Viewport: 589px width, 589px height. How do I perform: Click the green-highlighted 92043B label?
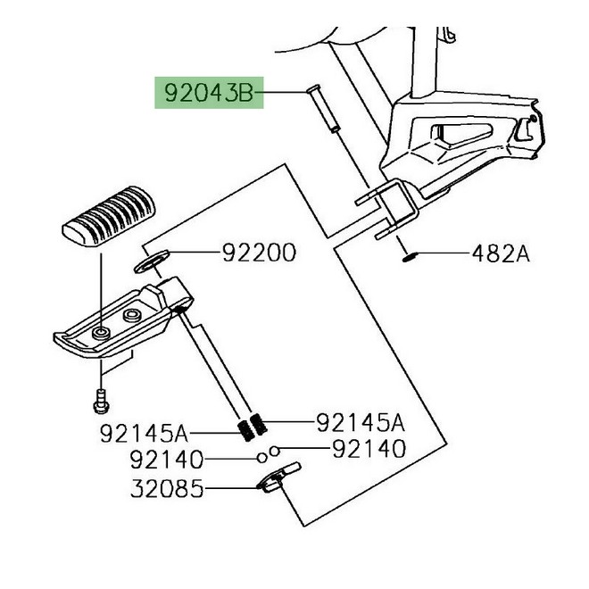(x=209, y=92)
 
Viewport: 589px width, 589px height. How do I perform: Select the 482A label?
(x=501, y=254)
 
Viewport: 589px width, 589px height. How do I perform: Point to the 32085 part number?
(x=167, y=489)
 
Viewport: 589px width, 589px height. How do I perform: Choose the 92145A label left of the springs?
(x=144, y=435)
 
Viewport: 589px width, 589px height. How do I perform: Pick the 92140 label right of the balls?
(x=369, y=449)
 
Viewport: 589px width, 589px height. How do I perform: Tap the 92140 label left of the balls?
(x=166, y=460)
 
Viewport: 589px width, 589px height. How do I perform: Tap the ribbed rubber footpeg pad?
(x=105, y=218)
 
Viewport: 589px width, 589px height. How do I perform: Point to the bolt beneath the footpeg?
(x=100, y=402)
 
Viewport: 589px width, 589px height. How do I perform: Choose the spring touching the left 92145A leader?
(x=242, y=432)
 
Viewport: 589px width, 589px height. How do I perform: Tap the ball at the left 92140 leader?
(x=262, y=459)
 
